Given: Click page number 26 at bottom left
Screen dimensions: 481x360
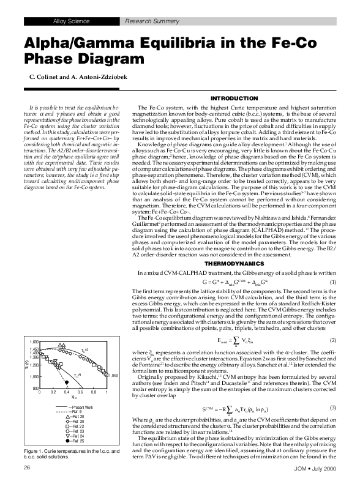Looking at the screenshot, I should tap(27, 467).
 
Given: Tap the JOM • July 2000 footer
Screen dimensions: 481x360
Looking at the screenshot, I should tap(312, 468).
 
